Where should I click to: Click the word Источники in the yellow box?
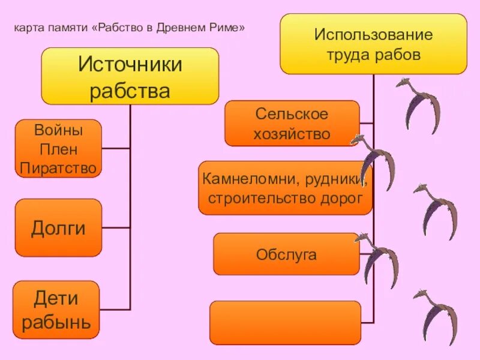point(130,64)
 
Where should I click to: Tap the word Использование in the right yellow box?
point(373,34)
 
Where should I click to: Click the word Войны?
point(58,130)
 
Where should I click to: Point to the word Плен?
point(58,149)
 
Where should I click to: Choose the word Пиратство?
point(58,168)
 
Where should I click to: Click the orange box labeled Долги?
point(58,228)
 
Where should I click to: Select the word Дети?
point(56,298)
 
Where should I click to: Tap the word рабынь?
point(56,322)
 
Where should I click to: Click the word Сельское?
point(292,113)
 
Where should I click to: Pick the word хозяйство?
point(292,133)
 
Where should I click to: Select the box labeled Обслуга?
point(286,254)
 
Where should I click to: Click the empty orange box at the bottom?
point(285,322)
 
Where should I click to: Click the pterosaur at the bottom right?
point(436,315)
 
